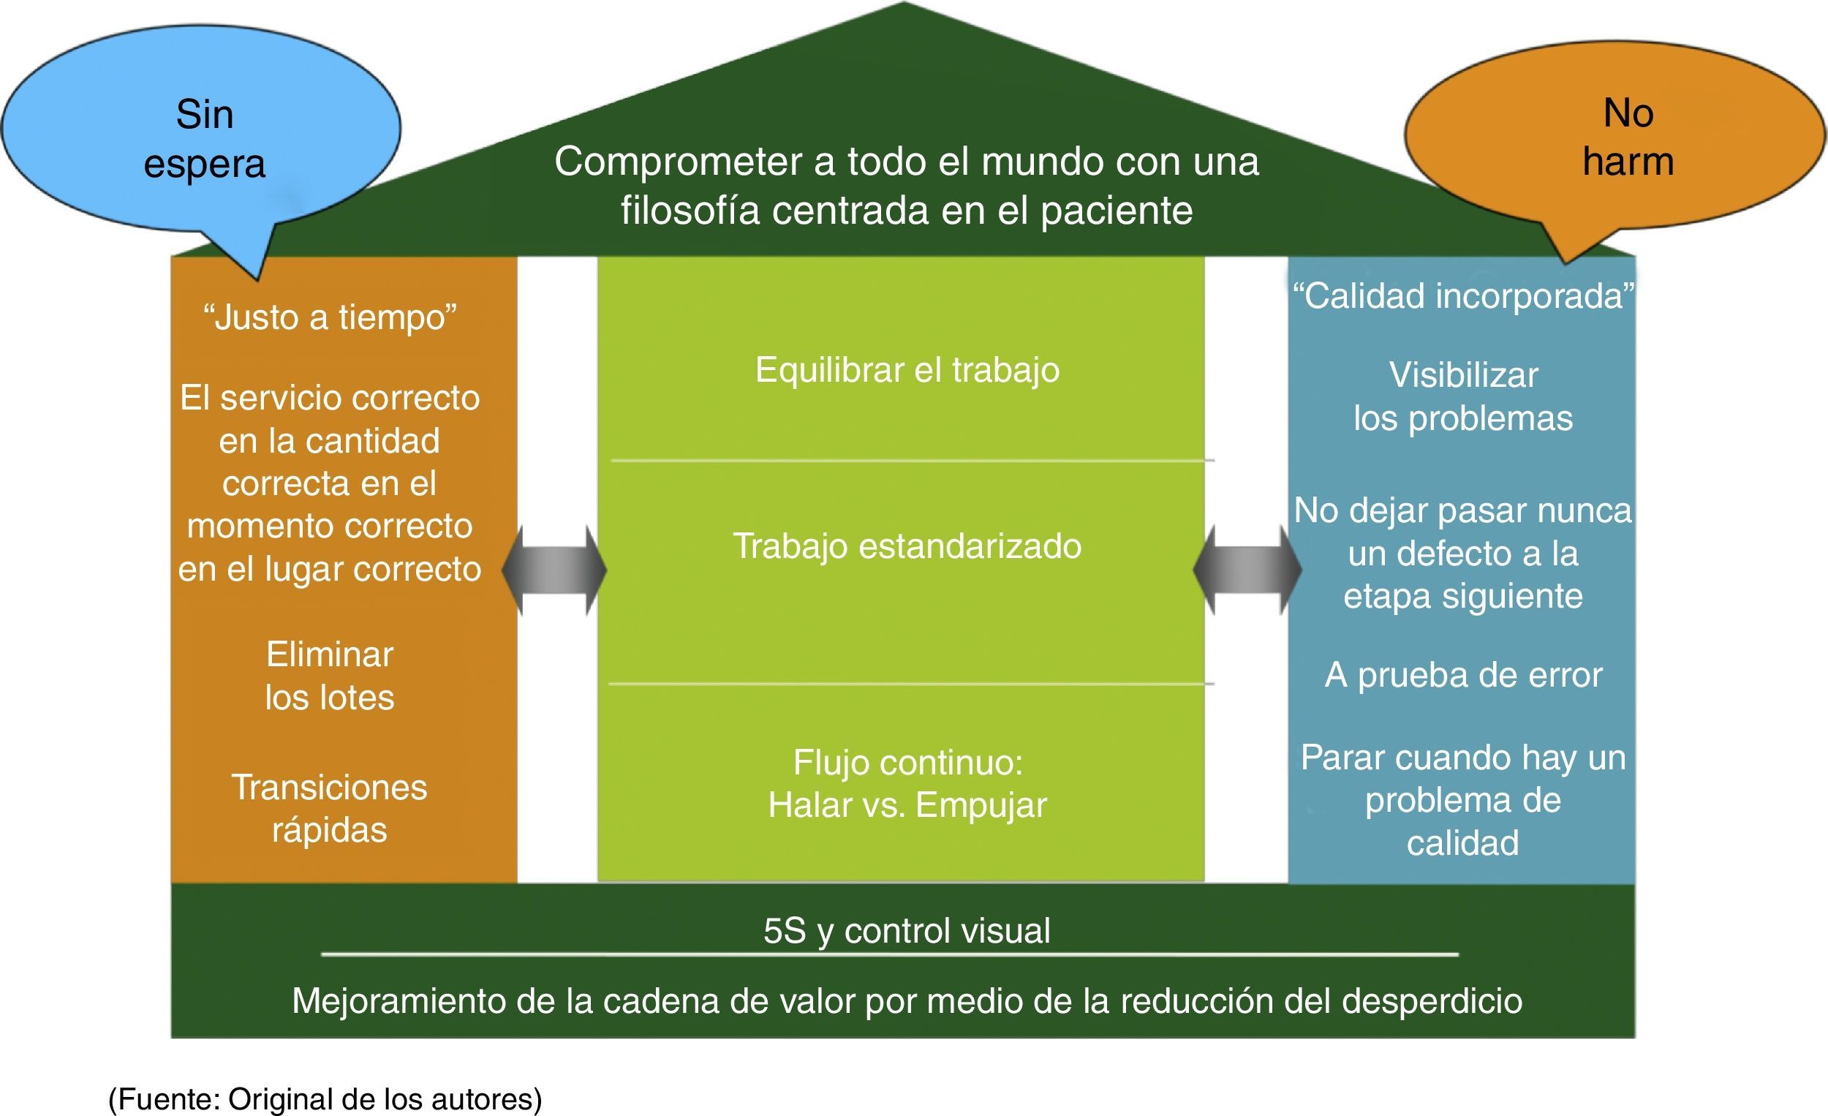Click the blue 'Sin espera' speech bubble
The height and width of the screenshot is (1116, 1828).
coord(202,137)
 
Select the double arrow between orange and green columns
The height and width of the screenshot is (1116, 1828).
coord(554,570)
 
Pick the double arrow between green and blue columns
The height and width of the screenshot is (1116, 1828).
coord(1247,570)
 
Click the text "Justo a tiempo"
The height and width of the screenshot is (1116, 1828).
coord(331,317)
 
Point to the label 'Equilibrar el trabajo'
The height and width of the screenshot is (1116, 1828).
coord(907,369)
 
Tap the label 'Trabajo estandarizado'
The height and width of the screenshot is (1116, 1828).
coord(907,546)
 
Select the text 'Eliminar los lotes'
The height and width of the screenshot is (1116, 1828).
coord(331,676)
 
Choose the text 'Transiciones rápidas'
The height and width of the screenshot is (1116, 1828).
coord(331,808)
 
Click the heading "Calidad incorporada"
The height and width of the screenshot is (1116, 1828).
coord(1463,296)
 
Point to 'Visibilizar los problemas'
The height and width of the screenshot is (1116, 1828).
coord(1463,397)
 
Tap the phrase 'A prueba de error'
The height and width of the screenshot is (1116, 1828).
coord(1463,675)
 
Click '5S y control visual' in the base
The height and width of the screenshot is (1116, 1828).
coord(907,930)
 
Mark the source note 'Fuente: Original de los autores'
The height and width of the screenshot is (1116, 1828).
coord(325,1099)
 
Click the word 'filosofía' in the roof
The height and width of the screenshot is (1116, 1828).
coord(690,211)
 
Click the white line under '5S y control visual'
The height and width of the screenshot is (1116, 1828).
coord(891,954)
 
